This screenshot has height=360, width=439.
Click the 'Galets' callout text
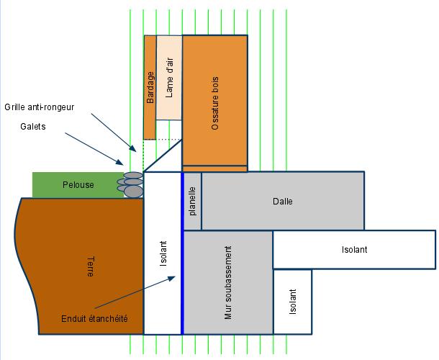(x=33, y=126)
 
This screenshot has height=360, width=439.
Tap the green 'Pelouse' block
(x=77, y=185)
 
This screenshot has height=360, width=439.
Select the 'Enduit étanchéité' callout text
(x=94, y=318)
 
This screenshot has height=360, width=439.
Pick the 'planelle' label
(x=192, y=201)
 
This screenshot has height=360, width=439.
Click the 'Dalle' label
(x=283, y=201)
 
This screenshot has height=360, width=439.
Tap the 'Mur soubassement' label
(x=228, y=282)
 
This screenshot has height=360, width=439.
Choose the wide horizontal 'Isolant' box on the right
(x=353, y=249)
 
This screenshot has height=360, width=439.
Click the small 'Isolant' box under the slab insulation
(x=293, y=302)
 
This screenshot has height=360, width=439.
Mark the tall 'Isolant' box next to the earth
(x=163, y=253)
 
